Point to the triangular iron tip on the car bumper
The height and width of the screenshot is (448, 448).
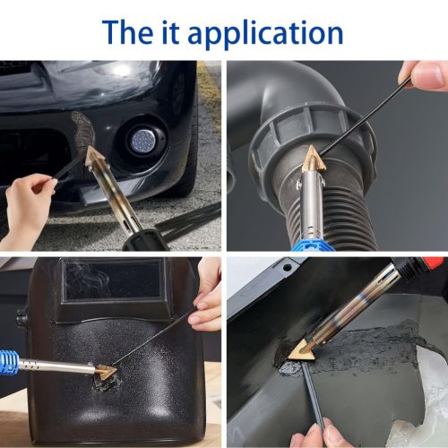coord(95,156)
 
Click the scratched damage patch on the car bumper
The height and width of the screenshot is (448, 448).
coord(82,132)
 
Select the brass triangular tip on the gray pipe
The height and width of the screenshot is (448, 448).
coord(312,161)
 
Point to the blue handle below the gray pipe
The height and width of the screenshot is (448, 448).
coord(306,243)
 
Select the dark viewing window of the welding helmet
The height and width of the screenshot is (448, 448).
coord(113,280)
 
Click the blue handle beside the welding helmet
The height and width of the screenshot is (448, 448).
coord(10,361)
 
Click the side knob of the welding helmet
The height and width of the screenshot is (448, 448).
coord(22,317)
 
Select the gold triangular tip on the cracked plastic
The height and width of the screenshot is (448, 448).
coord(302,350)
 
